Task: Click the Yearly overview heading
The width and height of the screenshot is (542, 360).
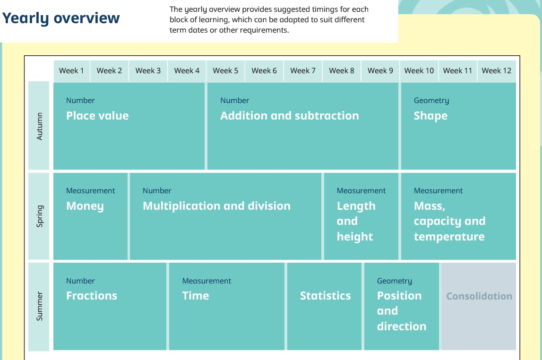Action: pos(61,18)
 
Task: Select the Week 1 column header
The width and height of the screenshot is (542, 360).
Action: pos(71,71)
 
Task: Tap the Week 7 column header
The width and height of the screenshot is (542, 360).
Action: pos(303,71)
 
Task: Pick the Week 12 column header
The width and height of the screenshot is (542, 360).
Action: pos(496,71)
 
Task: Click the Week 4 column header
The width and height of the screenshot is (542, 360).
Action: pos(187,71)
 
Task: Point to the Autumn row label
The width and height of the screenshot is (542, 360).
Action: pos(39,126)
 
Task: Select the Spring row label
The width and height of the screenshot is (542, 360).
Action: pos(40,216)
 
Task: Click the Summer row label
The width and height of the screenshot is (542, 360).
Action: pos(39,306)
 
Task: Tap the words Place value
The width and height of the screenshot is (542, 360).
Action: pos(97,116)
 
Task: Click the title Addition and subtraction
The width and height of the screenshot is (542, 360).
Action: pos(290,116)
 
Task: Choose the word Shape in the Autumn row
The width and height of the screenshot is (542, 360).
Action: pos(430,116)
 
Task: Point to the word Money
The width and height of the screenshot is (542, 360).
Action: pos(85,206)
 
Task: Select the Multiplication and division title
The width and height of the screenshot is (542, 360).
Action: pos(217,206)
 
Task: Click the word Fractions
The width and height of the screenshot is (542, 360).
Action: pos(92,296)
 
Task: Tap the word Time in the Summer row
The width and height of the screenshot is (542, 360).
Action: pos(196,296)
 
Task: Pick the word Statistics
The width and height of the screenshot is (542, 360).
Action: pos(325,296)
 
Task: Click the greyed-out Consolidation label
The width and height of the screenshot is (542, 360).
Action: pos(479,296)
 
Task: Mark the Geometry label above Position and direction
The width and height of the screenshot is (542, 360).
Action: pos(395,281)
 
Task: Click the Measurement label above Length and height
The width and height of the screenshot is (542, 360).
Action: pos(361,191)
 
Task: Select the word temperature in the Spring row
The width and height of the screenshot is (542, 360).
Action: pos(449,237)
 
